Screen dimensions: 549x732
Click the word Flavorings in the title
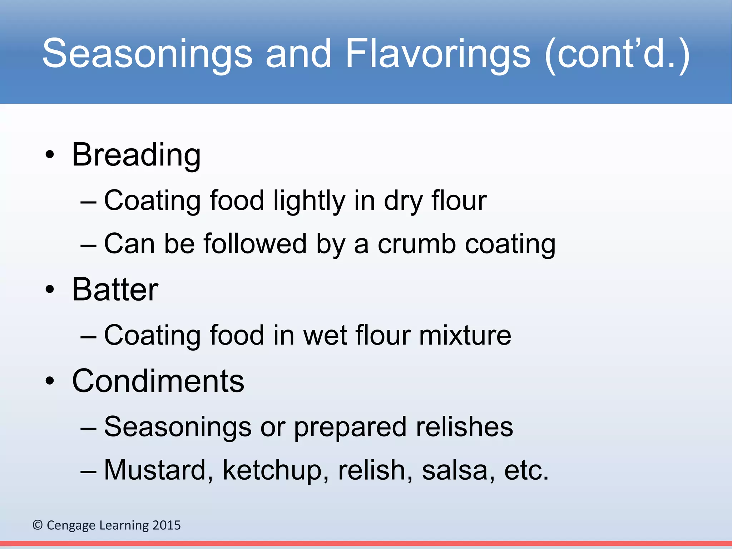coord(438,54)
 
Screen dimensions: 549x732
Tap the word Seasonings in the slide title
coord(147,54)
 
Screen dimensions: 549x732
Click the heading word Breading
coord(136,155)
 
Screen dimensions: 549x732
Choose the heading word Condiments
coord(158,381)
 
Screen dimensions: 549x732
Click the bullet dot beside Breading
coord(50,155)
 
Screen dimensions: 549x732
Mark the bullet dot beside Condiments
coord(50,381)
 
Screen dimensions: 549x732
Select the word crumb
coord(417,244)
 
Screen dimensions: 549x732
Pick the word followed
coord(255,244)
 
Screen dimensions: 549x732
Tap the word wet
coord(325,336)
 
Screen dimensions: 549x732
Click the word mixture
coord(465,336)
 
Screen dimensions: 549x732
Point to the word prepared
coord(350,427)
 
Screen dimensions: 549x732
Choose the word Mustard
coord(158,470)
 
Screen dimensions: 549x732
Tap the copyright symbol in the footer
coord(38,525)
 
